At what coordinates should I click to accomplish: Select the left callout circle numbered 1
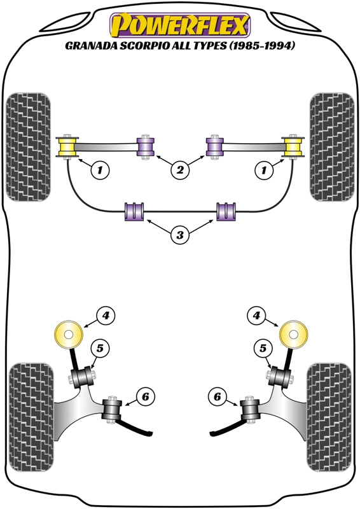(x=99, y=169)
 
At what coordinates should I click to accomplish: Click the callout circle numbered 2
(x=180, y=169)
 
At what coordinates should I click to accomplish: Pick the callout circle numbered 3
(x=180, y=235)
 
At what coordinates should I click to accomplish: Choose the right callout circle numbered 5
(x=262, y=348)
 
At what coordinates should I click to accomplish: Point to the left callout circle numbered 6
(x=144, y=397)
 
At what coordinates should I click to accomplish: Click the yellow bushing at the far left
(x=67, y=148)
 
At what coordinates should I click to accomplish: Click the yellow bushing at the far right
(x=293, y=148)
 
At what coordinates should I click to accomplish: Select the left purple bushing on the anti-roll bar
(x=134, y=211)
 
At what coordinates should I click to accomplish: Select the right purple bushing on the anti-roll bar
(x=226, y=211)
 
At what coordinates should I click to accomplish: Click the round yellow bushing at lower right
(x=293, y=334)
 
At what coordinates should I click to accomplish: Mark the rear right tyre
(x=329, y=405)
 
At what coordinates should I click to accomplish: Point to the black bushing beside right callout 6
(x=249, y=408)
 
